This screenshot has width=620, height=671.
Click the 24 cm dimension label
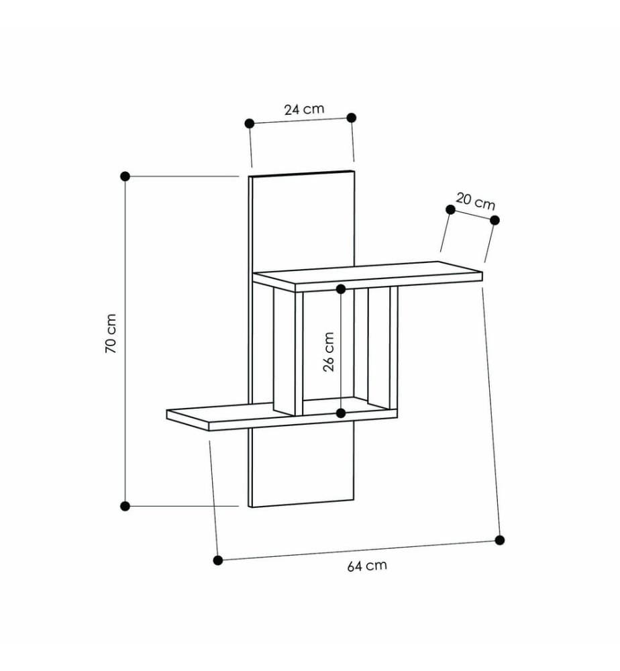click(304, 109)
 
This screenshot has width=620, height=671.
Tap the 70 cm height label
click(111, 333)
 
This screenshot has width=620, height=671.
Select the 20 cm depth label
click(475, 201)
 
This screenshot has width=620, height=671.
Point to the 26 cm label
click(329, 352)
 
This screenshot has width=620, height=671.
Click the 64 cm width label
click(367, 566)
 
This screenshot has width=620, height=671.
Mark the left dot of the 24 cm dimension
click(250, 123)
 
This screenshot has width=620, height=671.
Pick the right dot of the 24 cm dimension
click(352, 117)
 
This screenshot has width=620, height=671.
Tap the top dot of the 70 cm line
click(125, 176)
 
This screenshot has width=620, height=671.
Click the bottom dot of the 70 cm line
click(125, 506)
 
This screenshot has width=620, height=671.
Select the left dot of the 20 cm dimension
click(450, 209)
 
